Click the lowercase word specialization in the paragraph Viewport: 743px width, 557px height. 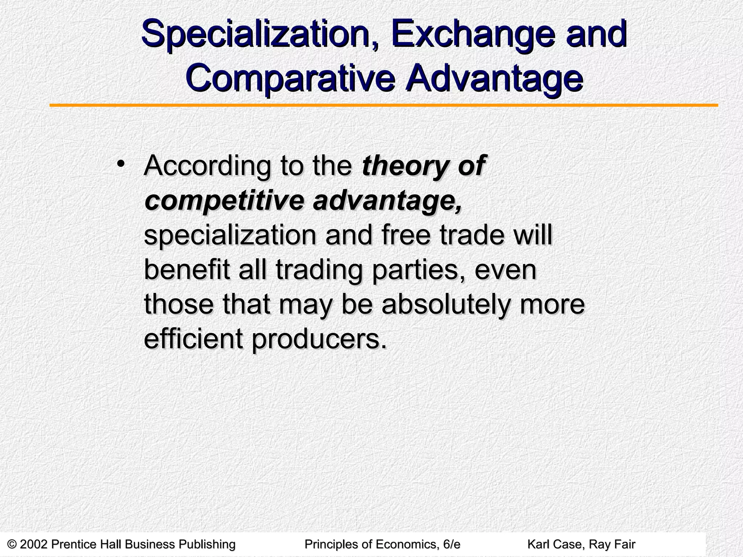click(x=230, y=236)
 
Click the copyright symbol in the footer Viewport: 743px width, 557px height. click(x=12, y=544)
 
